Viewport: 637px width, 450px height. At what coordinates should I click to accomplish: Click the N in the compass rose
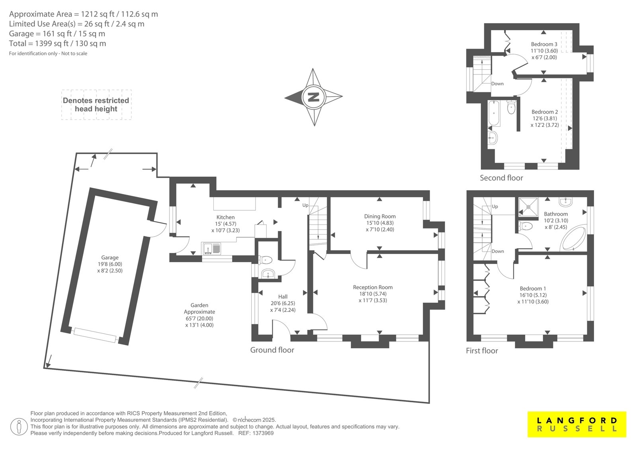313,97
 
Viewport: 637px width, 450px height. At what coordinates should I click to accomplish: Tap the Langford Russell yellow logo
577,424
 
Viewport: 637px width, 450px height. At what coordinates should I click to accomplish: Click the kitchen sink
211,248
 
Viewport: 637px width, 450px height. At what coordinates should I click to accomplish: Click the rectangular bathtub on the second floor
494,113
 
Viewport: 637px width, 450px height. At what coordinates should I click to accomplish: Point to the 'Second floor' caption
501,178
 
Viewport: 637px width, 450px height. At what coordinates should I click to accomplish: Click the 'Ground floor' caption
272,350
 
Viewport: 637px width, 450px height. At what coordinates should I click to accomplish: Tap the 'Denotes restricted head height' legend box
96,105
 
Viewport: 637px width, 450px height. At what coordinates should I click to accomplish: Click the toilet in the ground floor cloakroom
265,259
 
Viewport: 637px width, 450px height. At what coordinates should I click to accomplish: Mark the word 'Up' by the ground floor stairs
305,205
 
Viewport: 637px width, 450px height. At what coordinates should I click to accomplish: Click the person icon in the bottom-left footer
19,427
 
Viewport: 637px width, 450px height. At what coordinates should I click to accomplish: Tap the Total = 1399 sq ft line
57,43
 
